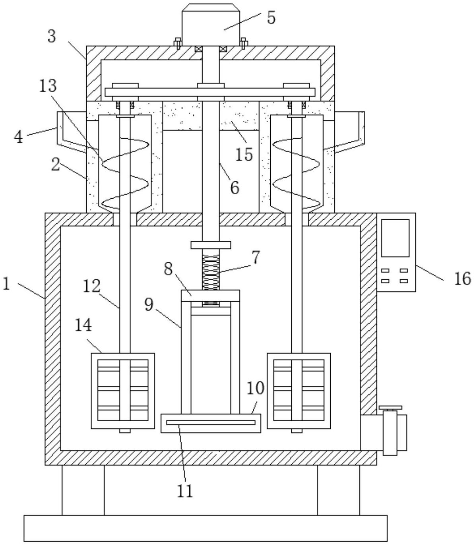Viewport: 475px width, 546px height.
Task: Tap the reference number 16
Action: (x=463, y=279)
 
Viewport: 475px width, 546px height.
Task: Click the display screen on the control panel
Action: (x=395, y=238)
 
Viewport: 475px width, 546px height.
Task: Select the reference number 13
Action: (x=48, y=86)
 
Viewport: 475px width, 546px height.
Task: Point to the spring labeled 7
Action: (x=211, y=273)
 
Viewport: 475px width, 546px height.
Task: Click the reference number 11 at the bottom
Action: (x=185, y=490)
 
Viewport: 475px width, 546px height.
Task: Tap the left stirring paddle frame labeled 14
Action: (x=123, y=391)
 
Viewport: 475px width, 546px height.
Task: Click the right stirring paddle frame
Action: (x=299, y=391)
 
